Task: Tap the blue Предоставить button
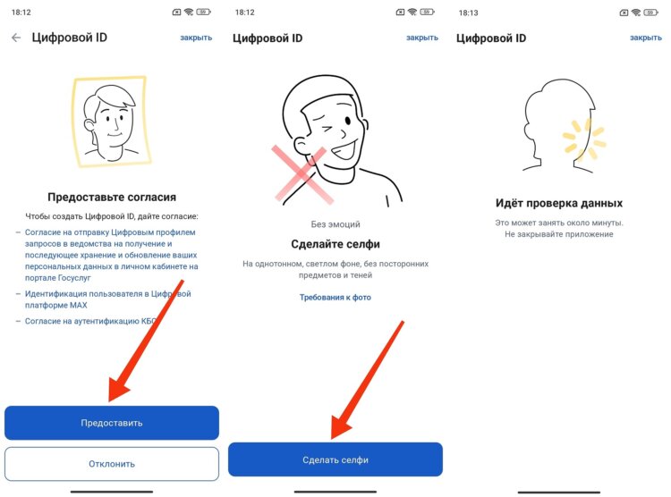112,423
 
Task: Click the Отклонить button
112,464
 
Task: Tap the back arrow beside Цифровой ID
16,38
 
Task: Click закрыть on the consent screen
196,38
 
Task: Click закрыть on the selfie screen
422,38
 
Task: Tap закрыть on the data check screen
645,38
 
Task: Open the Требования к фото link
335,297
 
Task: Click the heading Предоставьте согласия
112,197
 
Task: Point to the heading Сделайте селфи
335,244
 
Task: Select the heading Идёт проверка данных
558,203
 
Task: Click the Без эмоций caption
335,224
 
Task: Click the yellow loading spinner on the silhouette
584,139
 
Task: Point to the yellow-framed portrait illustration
111,121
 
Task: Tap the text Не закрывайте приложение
558,234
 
